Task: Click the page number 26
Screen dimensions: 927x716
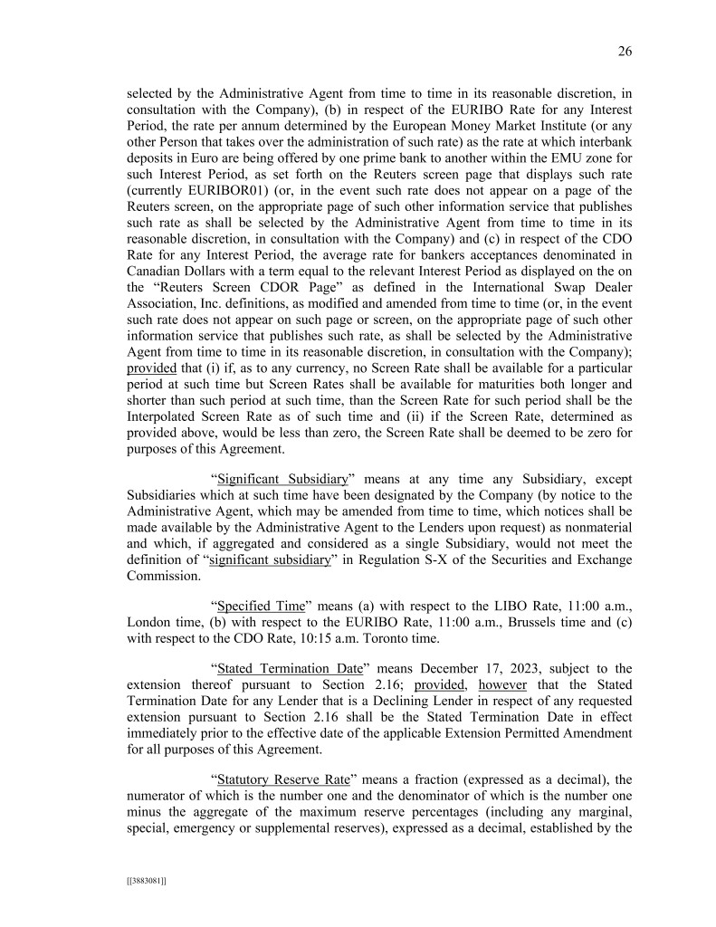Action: click(625, 52)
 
